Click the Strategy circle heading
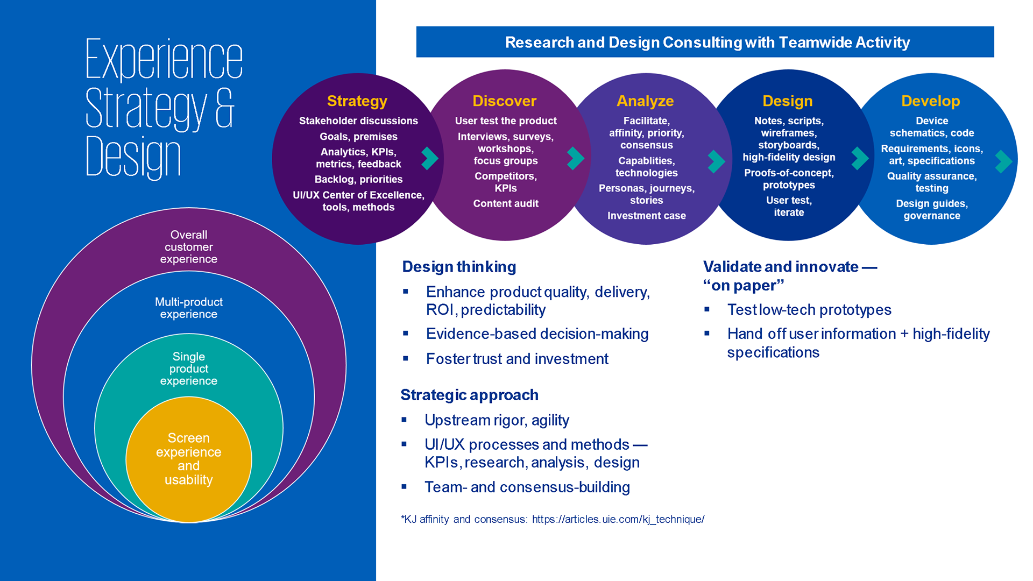[357, 101]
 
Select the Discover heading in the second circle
[505, 101]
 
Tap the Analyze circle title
[645, 101]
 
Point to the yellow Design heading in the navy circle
[788, 101]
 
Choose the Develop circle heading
[931, 101]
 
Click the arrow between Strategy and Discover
[430, 158]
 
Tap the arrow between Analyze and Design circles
[717, 161]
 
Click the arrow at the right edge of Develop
[1004, 161]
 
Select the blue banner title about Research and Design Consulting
[707, 42]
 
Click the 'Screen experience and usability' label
[189, 459]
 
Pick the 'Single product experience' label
[189, 369]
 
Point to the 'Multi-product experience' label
[189, 308]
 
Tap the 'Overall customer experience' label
[189, 247]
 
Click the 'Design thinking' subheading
[459, 267]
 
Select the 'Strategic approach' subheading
[469, 395]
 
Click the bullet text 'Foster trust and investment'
[517, 359]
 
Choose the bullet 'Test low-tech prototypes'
[809, 310]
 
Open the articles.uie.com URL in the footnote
[618, 519]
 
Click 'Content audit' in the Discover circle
[506, 203]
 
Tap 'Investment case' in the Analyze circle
[647, 216]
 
